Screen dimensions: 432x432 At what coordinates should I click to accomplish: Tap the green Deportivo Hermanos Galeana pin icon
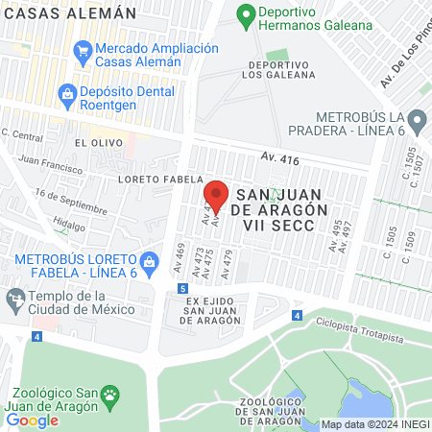point(246,16)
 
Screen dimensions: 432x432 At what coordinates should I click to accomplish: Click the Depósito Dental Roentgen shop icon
point(67,92)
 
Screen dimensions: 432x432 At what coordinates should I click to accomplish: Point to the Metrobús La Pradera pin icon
point(417,121)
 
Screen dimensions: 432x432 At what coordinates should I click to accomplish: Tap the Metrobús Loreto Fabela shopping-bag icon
point(149,260)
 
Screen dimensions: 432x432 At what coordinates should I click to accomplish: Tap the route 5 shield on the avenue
point(182,288)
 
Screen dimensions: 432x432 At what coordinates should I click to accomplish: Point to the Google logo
point(32,420)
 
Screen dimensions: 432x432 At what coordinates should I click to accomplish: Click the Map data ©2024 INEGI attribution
point(373,423)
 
